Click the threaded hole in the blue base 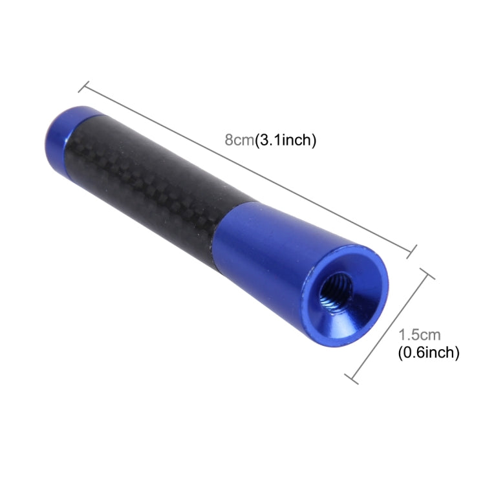pyautogui.click(x=336, y=292)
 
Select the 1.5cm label pyautogui.click(x=420, y=335)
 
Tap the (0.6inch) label pyautogui.click(x=427, y=352)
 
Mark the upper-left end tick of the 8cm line pyautogui.click(x=85, y=87)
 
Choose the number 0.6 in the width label pyautogui.click(x=412, y=352)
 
